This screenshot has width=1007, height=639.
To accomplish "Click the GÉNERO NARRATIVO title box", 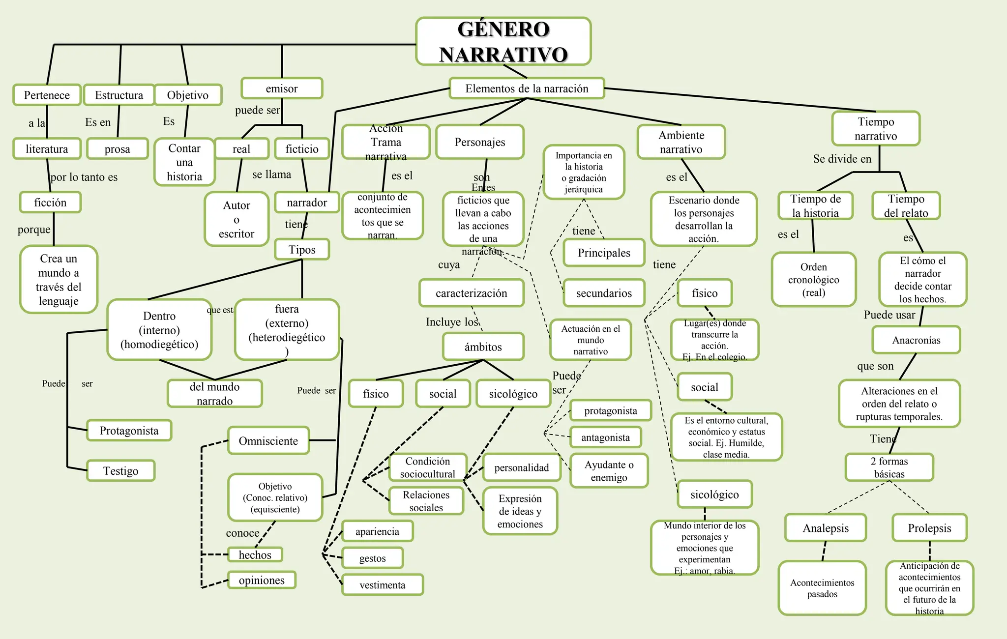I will pyautogui.click(x=503, y=41).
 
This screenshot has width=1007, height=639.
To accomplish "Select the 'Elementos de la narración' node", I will pyautogui.click(x=527, y=88).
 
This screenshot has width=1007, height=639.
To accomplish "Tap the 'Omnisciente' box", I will pyautogui.click(x=268, y=440).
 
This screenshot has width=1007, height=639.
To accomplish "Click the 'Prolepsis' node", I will pyautogui.click(x=929, y=528).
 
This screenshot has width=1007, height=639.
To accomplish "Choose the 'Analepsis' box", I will pyautogui.click(x=826, y=528).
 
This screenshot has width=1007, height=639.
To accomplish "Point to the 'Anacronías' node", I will pyautogui.click(x=916, y=340).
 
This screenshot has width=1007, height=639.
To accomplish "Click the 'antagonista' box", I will pyautogui.click(x=605, y=437).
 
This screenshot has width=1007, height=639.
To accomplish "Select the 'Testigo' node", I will pyautogui.click(x=121, y=471).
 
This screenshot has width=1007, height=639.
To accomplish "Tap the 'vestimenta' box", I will pyautogui.click(x=382, y=585).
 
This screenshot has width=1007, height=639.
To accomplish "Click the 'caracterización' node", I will pyautogui.click(x=471, y=293).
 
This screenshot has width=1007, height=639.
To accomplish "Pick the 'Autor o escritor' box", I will pyautogui.click(x=237, y=219).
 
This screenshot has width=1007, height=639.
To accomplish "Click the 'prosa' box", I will pyautogui.click(x=117, y=149).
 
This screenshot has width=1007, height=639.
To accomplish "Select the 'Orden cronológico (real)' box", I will pyautogui.click(x=813, y=280).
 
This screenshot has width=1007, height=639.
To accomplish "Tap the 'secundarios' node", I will pyautogui.click(x=604, y=293).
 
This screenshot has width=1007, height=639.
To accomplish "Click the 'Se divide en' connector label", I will pyautogui.click(x=842, y=159).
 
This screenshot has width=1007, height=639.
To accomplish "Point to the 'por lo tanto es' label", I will pyautogui.click(x=84, y=177).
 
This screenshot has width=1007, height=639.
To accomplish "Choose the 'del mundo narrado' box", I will pyautogui.click(x=214, y=394).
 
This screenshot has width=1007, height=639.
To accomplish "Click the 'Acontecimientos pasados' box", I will pyautogui.click(x=822, y=588).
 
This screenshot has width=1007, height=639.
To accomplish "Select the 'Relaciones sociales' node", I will pyautogui.click(x=426, y=501).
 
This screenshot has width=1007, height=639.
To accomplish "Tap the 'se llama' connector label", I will pyautogui.click(x=271, y=174).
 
